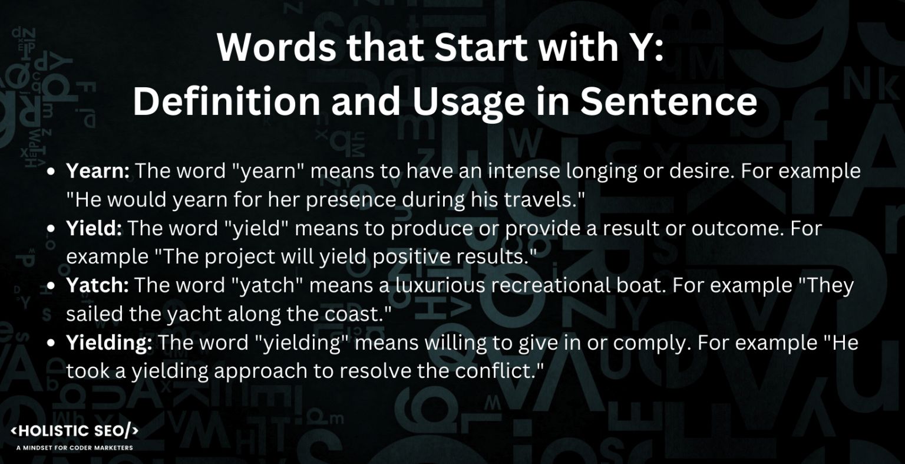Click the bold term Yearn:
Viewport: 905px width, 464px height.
tap(97, 172)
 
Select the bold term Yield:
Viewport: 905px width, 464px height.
tap(94, 229)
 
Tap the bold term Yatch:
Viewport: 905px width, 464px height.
tap(97, 286)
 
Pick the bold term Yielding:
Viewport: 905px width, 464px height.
tap(109, 343)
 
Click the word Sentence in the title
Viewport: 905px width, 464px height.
tap(668, 101)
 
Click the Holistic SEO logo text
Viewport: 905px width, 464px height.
tap(75, 431)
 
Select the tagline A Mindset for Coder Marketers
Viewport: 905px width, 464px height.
tap(75, 447)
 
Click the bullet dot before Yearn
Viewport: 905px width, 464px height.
tap(52, 172)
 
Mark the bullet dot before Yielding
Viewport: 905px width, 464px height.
tap(52, 344)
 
